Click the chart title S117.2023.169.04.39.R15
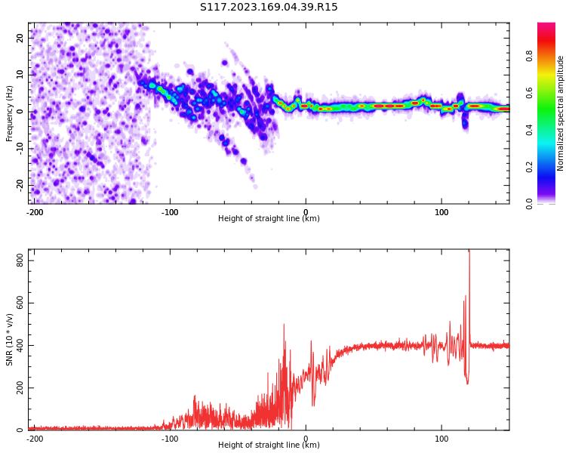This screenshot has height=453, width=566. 269,7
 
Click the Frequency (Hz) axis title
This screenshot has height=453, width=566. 9,113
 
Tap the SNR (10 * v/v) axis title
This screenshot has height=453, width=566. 9,340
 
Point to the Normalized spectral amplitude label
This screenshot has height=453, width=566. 560,113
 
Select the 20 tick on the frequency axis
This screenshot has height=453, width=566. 20,38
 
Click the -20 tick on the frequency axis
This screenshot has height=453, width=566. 20,186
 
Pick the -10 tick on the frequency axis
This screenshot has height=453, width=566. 20,149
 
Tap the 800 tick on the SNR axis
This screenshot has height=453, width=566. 20,260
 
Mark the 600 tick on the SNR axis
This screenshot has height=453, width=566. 20,303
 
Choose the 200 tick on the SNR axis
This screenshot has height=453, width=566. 20,387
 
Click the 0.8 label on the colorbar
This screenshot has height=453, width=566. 529,56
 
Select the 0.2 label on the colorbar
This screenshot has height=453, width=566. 529,167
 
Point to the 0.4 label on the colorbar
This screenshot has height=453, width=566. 529,130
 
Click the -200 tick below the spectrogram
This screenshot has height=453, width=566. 35,212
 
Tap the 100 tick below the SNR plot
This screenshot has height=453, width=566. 441,439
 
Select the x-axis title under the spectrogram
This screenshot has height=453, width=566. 269,218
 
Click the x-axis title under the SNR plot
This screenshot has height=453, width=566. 269,445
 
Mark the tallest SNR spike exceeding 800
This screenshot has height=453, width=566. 469,253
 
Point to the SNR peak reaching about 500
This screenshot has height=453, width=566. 284,325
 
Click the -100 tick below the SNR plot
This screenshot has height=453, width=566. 169,439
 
